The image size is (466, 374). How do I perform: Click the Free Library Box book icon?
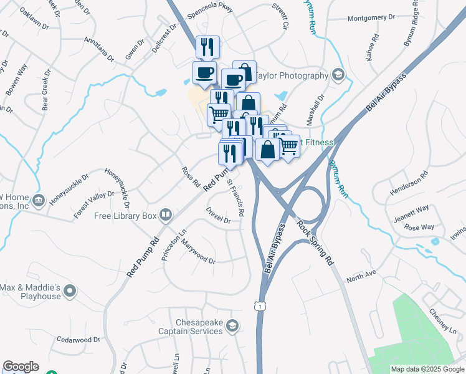coord(166,216)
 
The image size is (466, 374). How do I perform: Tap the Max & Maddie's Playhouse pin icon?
coord(70,290)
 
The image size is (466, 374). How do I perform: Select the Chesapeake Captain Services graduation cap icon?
coord(232,325)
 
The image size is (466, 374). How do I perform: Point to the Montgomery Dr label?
coord(371,18)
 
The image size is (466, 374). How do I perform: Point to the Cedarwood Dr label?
coord(78,340)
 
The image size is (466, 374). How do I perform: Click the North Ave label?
coord(362,274)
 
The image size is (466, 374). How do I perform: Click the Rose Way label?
coord(419,227)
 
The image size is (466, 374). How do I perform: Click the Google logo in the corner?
coord(21,367)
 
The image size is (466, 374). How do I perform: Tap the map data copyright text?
coord(427,369)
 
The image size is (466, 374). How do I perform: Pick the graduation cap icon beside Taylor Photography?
coord(338,75)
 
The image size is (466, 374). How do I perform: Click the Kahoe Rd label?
coord(372,47)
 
